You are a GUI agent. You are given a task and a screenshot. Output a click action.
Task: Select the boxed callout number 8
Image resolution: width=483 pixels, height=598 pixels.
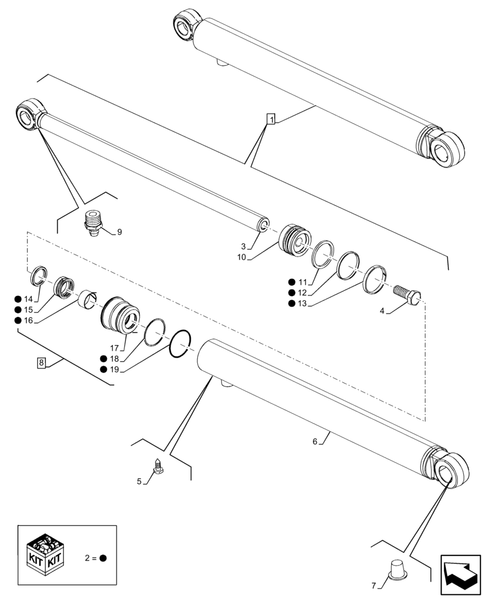(41, 362)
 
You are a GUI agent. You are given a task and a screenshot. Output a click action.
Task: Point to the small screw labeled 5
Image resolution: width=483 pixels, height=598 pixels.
(158, 467)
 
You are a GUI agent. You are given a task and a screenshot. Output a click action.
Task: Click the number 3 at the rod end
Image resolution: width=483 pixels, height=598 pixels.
(243, 246)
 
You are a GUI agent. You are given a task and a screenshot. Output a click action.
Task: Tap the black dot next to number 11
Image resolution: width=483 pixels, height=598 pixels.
(291, 282)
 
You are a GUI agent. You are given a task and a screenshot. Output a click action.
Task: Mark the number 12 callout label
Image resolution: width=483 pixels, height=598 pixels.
(302, 292)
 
